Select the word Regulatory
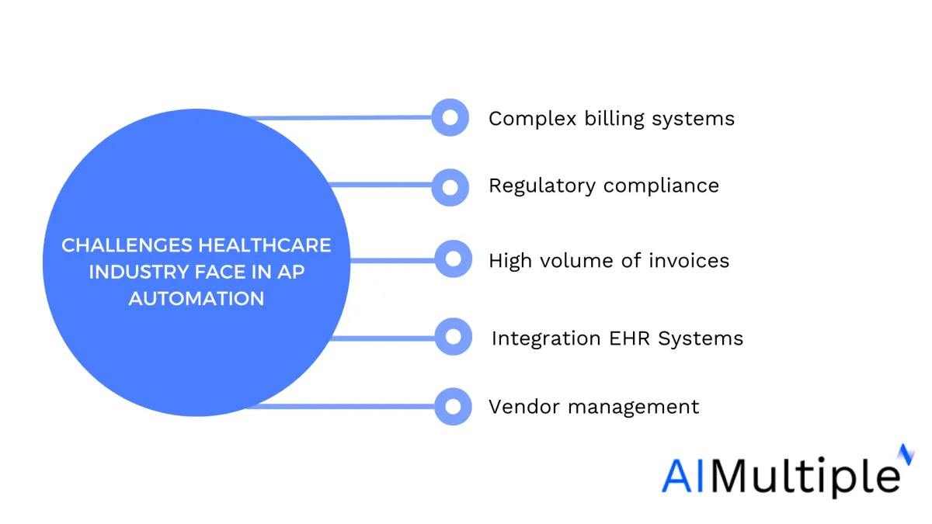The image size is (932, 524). pos(542,186)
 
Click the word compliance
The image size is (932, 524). pos(661,186)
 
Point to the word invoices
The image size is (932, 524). pos(689,261)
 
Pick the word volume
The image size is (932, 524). pos(576,261)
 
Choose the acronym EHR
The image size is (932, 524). pos(629,338)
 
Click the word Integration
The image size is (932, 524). pos(546,339)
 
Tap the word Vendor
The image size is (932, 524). pos(524,407)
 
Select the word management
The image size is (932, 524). pos(634,408)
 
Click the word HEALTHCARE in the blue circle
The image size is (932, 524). pos(265,245)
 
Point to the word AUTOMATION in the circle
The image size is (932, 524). pos(196,298)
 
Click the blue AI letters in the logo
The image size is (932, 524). pos(682,475)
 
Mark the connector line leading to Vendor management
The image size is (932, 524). pos(340,406)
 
